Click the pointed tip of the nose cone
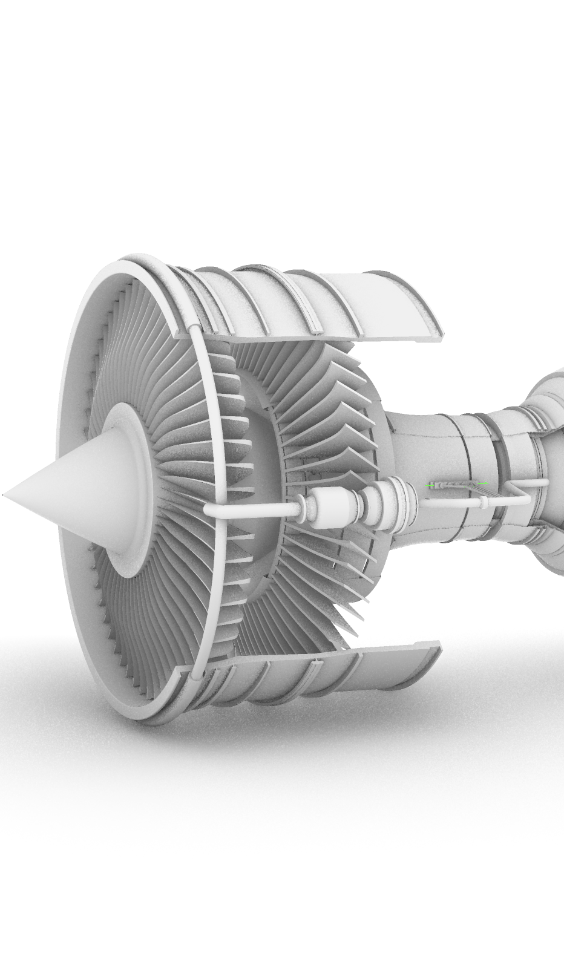click(x=4, y=496)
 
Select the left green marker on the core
click(x=431, y=485)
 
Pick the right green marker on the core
click(x=482, y=483)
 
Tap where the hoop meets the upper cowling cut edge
click(x=193, y=330)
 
